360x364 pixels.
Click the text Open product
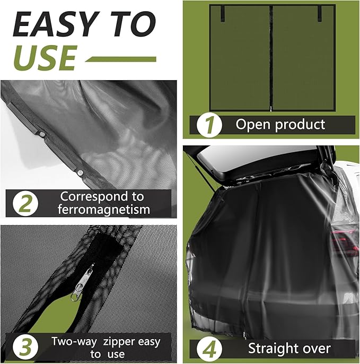click(x=280, y=125)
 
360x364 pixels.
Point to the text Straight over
click(x=289, y=349)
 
